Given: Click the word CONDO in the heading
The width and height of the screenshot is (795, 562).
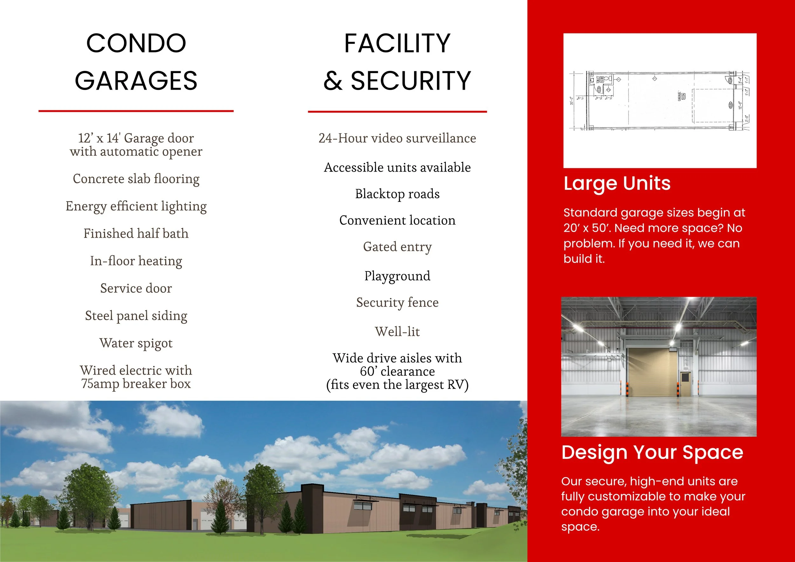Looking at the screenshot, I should coord(136,44).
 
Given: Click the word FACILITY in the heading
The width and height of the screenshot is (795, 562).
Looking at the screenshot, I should coord(397,44).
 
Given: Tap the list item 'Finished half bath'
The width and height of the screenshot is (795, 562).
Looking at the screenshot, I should coord(136,234).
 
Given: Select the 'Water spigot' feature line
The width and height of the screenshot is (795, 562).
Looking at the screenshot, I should coord(136,343).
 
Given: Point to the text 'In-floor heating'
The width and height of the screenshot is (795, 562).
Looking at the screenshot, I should coord(136,261).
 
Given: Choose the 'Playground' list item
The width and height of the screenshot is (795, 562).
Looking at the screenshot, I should coord(397,276).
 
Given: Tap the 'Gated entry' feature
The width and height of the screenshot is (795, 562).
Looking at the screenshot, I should coord(397,247).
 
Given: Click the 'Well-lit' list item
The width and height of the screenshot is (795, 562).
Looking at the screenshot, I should coord(397,332).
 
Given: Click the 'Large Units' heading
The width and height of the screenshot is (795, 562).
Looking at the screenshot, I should coord(617,183).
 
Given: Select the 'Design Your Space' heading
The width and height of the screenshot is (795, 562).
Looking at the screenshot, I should coord(652,452).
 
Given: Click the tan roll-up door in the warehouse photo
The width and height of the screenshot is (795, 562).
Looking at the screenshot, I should coord(652,372).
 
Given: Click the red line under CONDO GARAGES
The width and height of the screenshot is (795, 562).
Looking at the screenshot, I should coord(136,111).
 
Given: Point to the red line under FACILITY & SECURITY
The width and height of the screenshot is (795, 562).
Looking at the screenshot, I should coord(397,112).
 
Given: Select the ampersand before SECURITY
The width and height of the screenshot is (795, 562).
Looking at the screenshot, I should coord(333,81).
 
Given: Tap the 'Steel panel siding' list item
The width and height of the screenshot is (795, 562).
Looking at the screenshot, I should coord(136,316).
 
